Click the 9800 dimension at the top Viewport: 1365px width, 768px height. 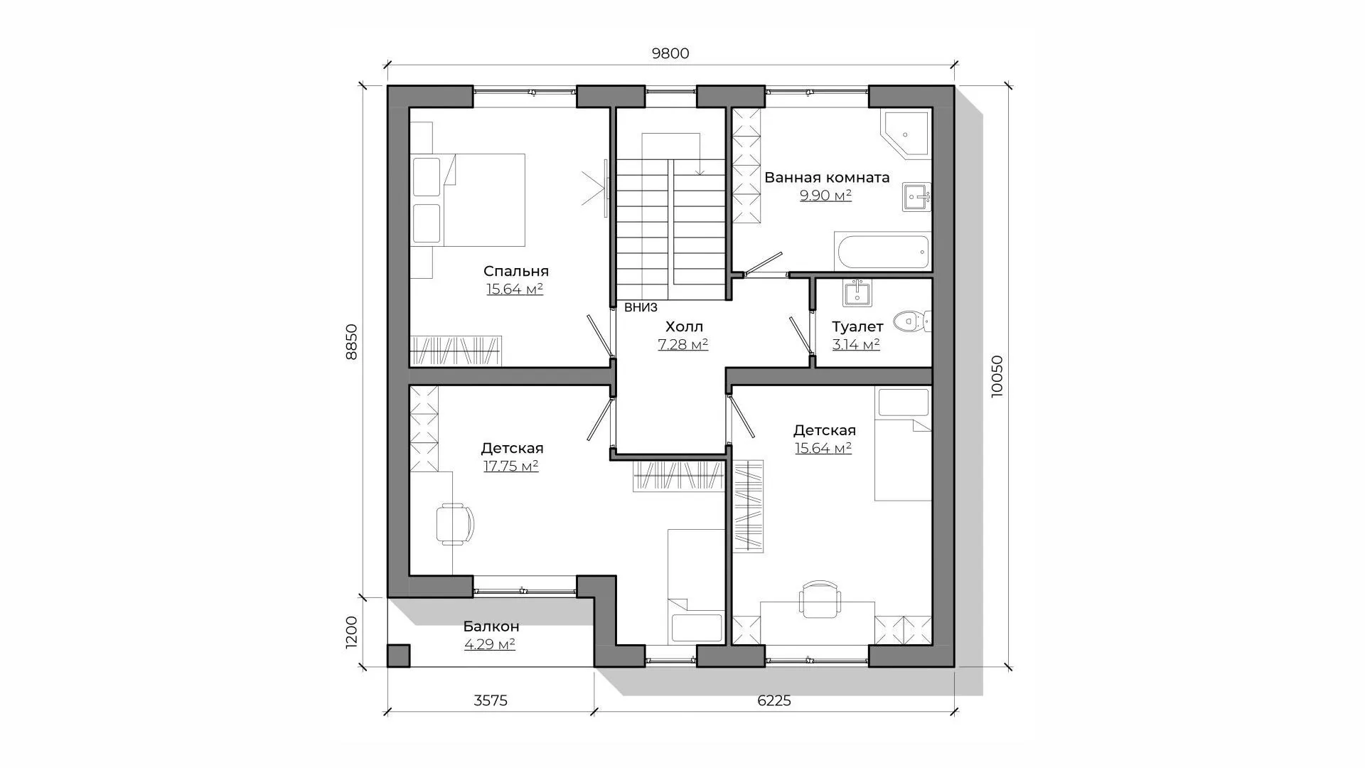pos(670,53)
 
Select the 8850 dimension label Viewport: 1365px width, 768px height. pos(351,342)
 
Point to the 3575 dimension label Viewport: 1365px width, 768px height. pos(491,700)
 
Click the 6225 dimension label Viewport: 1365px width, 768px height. pos(774,700)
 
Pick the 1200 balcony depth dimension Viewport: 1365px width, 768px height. pos(351,632)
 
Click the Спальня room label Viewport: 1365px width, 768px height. pos(516,271)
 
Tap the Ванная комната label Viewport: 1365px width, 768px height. pos(827,177)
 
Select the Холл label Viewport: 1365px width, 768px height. pos(684,326)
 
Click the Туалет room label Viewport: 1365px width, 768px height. pos(857,326)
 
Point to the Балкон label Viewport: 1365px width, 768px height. pos(491,626)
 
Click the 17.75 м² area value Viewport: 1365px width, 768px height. pos(510,466)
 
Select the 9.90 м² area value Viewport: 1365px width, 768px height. pos(826,196)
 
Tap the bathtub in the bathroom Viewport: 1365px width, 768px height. pos(882,252)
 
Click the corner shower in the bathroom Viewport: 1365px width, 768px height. pos(904,133)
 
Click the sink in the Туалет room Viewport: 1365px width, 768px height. pos(858,292)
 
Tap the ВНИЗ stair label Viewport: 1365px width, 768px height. pos(641,308)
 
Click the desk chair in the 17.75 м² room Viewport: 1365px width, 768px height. pos(454,524)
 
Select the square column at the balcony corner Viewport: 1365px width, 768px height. pos(398,656)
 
